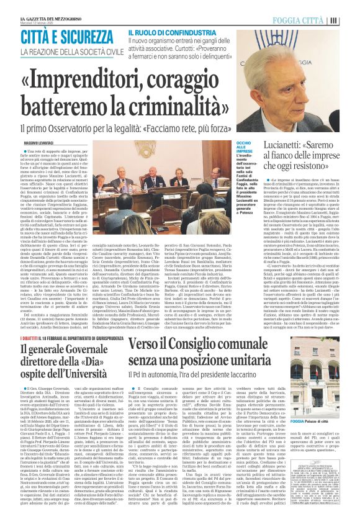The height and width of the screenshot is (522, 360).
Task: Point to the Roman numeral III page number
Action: (351, 19)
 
